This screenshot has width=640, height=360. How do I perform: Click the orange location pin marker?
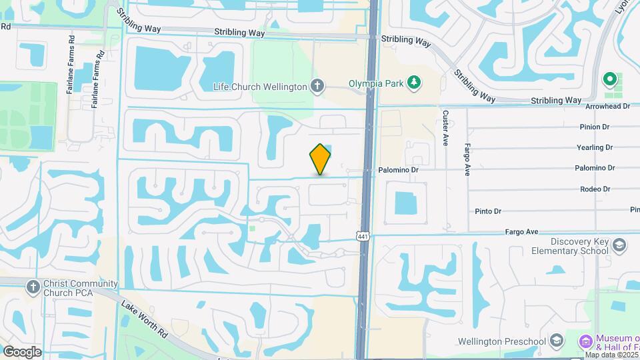coord(321,159)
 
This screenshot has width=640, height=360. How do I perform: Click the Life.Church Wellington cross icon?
coord(317,86)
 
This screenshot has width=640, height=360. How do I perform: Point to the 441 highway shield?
coord(362,237)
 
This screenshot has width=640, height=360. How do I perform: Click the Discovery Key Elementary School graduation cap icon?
coord(619,245)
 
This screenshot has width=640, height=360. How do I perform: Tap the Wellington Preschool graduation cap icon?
coord(557,342)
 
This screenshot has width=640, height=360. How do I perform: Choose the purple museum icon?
coord(585,341)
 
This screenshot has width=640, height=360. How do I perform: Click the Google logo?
coord(22,352)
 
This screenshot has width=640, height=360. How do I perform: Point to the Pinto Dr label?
coord(488,211)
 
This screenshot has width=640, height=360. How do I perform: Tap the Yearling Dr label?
coord(594,147)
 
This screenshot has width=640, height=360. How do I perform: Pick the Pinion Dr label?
coord(595,127)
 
